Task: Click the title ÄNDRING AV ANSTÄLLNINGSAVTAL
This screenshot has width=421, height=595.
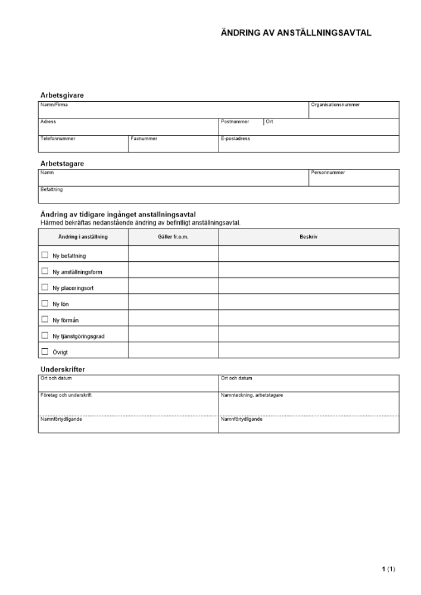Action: pyautogui.click(x=296, y=33)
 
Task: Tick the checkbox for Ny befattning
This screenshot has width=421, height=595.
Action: pyautogui.click(x=45, y=255)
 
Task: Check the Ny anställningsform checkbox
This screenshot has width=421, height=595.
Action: pyautogui.click(x=45, y=271)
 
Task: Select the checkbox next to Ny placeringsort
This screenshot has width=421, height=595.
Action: pyautogui.click(x=45, y=287)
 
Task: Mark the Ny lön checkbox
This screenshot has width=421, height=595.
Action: pyautogui.click(x=45, y=303)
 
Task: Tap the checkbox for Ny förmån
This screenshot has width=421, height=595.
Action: pyautogui.click(x=45, y=319)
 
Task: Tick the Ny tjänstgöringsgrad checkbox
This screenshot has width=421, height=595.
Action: pyautogui.click(x=45, y=335)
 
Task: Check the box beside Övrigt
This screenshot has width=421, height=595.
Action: pyautogui.click(x=45, y=351)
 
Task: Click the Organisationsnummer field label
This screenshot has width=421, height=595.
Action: pyautogui.click(x=335, y=105)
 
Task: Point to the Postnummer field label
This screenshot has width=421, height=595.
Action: pyautogui.click(x=235, y=121)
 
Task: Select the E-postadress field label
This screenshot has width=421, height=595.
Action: pyautogui.click(x=235, y=139)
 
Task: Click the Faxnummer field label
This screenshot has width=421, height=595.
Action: pyautogui.click(x=144, y=139)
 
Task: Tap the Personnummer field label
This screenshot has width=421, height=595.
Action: pyautogui.click(x=328, y=173)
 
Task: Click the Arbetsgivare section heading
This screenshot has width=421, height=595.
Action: pyautogui.click(x=62, y=95)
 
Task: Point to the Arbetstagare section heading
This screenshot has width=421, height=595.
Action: pyautogui.click(x=62, y=163)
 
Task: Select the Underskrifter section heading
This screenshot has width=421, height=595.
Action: pyautogui.click(x=63, y=369)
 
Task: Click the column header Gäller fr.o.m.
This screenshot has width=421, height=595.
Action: pyautogui.click(x=173, y=237)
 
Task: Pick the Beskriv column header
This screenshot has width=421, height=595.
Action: pyautogui.click(x=308, y=237)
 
